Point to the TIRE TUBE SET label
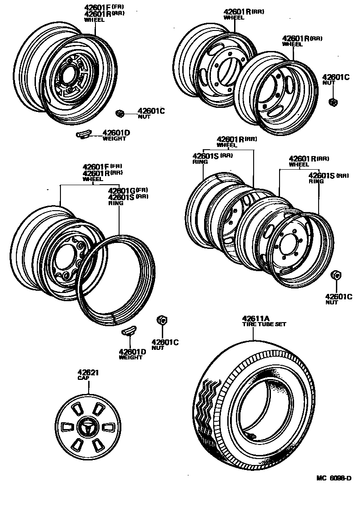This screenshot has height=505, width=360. click(264, 324)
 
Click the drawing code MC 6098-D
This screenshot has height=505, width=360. click(334, 478)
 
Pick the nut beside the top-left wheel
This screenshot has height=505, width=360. click(120, 113)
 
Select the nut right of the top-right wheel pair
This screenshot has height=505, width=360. click(333, 102)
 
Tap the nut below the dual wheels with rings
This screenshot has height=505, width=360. click(336, 275)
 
